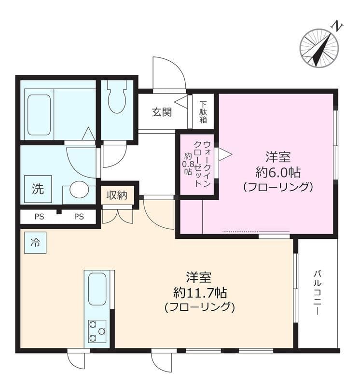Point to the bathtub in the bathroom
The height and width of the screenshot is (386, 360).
tap(39, 114)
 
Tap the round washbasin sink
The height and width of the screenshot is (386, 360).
tap(79, 189)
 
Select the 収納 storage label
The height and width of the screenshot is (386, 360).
tap(117, 195)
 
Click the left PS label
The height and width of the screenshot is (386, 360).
tap(39, 217)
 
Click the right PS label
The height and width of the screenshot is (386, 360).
tap(79, 217)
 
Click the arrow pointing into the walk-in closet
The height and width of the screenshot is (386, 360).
tap(225, 154)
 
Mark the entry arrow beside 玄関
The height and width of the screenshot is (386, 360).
tap(181, 102)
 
